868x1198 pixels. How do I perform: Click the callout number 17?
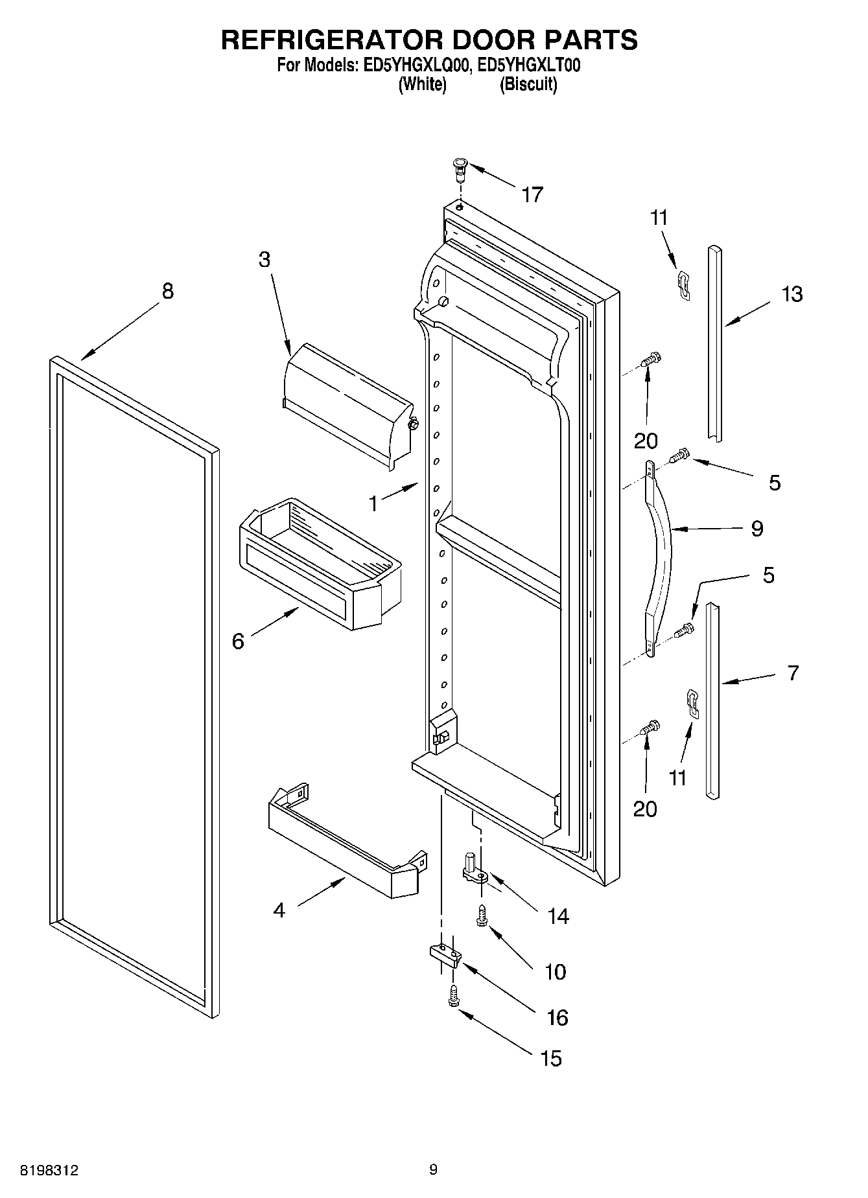point(532,194)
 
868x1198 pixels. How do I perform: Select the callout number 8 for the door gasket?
point(167,292)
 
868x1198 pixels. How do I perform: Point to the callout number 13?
point(792,294)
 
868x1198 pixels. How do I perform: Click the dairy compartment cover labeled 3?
point(347,402)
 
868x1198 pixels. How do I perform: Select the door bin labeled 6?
point(321,564)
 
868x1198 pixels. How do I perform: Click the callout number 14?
point(557,916)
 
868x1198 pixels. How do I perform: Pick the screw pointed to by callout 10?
point(482,916)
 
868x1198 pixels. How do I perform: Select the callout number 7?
point(793,673)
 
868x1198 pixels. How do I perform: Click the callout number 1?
point(373,503)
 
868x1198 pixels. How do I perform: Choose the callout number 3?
point(264,259)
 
